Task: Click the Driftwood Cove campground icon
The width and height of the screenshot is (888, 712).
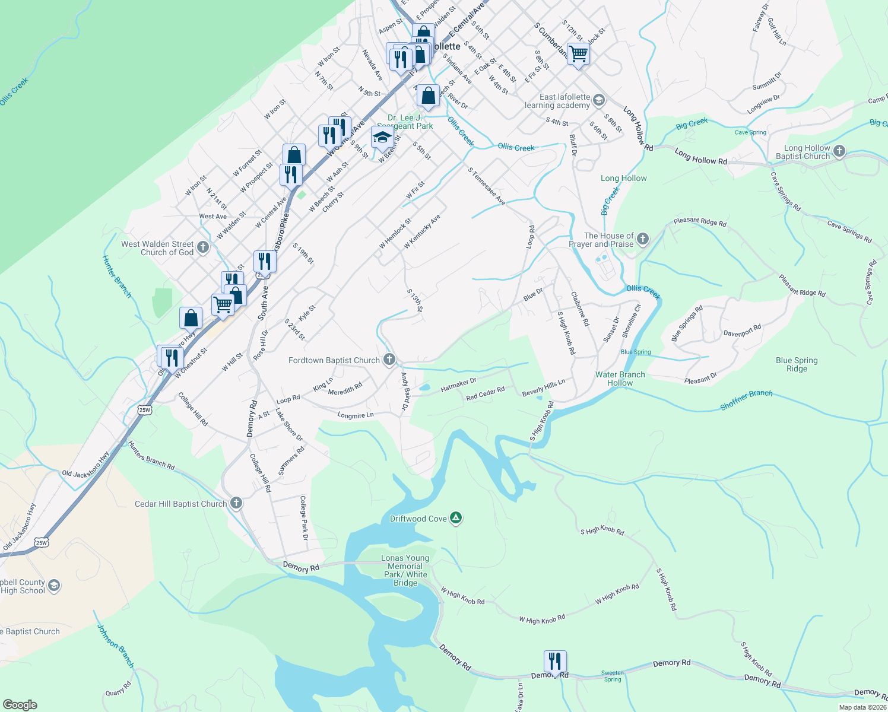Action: pyautogui.click(x=455, y=518)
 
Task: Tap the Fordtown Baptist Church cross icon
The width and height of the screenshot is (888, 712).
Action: pyautogui.click(x=389, y=359)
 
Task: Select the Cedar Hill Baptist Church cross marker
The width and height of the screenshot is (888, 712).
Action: pyautogui.click(x=236, y=503)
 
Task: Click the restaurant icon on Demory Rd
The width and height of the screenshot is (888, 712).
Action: pyautogui.click(x=554, y=661)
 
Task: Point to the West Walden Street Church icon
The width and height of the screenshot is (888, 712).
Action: pyautogui.click(x=203, y=247)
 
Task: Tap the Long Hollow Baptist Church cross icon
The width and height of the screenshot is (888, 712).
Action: pyautogui.click(x=839, y=151)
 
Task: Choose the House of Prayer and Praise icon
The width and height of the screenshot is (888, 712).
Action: pyautogui.click(x=642, y=240)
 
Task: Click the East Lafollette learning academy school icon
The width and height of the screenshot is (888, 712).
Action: pyautogui.click(x=599, y=100)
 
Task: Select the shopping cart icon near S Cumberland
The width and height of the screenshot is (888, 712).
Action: pyautogui.click(x=578, y=54)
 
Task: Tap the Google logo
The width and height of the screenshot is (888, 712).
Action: pyautogui.click(x=20, y=705)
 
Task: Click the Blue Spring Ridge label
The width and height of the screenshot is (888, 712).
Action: pyautogui.click(x=797, y=364)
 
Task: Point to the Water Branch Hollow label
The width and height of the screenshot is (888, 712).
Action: pyautogui.click(x=620, y=379)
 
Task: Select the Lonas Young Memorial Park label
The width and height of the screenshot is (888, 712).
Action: pyautogui.click(x=405, y=570)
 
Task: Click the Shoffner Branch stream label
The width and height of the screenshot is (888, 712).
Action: pyautogui.click(x=746, y=400)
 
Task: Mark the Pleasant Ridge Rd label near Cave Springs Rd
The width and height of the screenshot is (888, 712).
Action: pyautogui.click(x=802, y=285)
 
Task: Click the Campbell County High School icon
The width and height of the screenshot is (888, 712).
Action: pyautogui.click(x=54, y=586)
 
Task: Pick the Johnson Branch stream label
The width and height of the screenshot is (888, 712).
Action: pyautogui.click(x=116, y=646)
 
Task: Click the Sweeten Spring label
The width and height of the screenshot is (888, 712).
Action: pyautogui.click(x=612, y=676)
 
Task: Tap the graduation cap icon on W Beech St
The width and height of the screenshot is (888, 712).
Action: pyautogui.click(x=382, y=138)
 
